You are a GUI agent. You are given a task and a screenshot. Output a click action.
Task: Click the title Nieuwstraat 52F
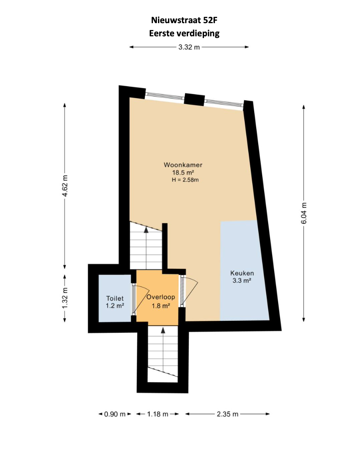(184, 20)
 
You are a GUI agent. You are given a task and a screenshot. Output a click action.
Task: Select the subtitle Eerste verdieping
(184, 34)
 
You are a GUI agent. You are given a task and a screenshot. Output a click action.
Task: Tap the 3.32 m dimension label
(189, 47)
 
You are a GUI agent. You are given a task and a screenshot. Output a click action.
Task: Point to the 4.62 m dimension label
(65, 186)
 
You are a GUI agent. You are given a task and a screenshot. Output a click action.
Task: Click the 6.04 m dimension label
(304, 213)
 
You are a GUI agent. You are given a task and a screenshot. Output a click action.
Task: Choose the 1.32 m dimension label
(65, 298)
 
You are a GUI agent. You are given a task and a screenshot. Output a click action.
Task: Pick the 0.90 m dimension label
(115, 414)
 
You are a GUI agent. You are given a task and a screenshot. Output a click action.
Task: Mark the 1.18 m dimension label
(158, 414)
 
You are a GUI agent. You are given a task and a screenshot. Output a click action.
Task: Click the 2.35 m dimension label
(227, 414)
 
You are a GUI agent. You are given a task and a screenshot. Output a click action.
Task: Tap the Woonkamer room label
(183, 165)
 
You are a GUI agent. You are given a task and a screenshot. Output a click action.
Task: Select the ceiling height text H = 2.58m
(185, 180)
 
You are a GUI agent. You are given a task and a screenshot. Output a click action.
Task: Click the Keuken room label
(242, 273)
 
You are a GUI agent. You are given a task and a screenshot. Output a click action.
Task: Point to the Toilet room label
(115, 298)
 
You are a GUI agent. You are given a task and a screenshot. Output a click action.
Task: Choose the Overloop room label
(161, 297)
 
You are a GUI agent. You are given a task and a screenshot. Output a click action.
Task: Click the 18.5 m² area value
(183, 173)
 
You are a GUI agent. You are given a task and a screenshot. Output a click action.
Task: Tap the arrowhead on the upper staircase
(146, 230)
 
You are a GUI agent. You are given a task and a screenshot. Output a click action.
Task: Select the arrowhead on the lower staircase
(163, 330)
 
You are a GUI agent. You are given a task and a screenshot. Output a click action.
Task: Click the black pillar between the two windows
(195, 100)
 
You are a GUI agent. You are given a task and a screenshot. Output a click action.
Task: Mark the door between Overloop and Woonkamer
(190, 290)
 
